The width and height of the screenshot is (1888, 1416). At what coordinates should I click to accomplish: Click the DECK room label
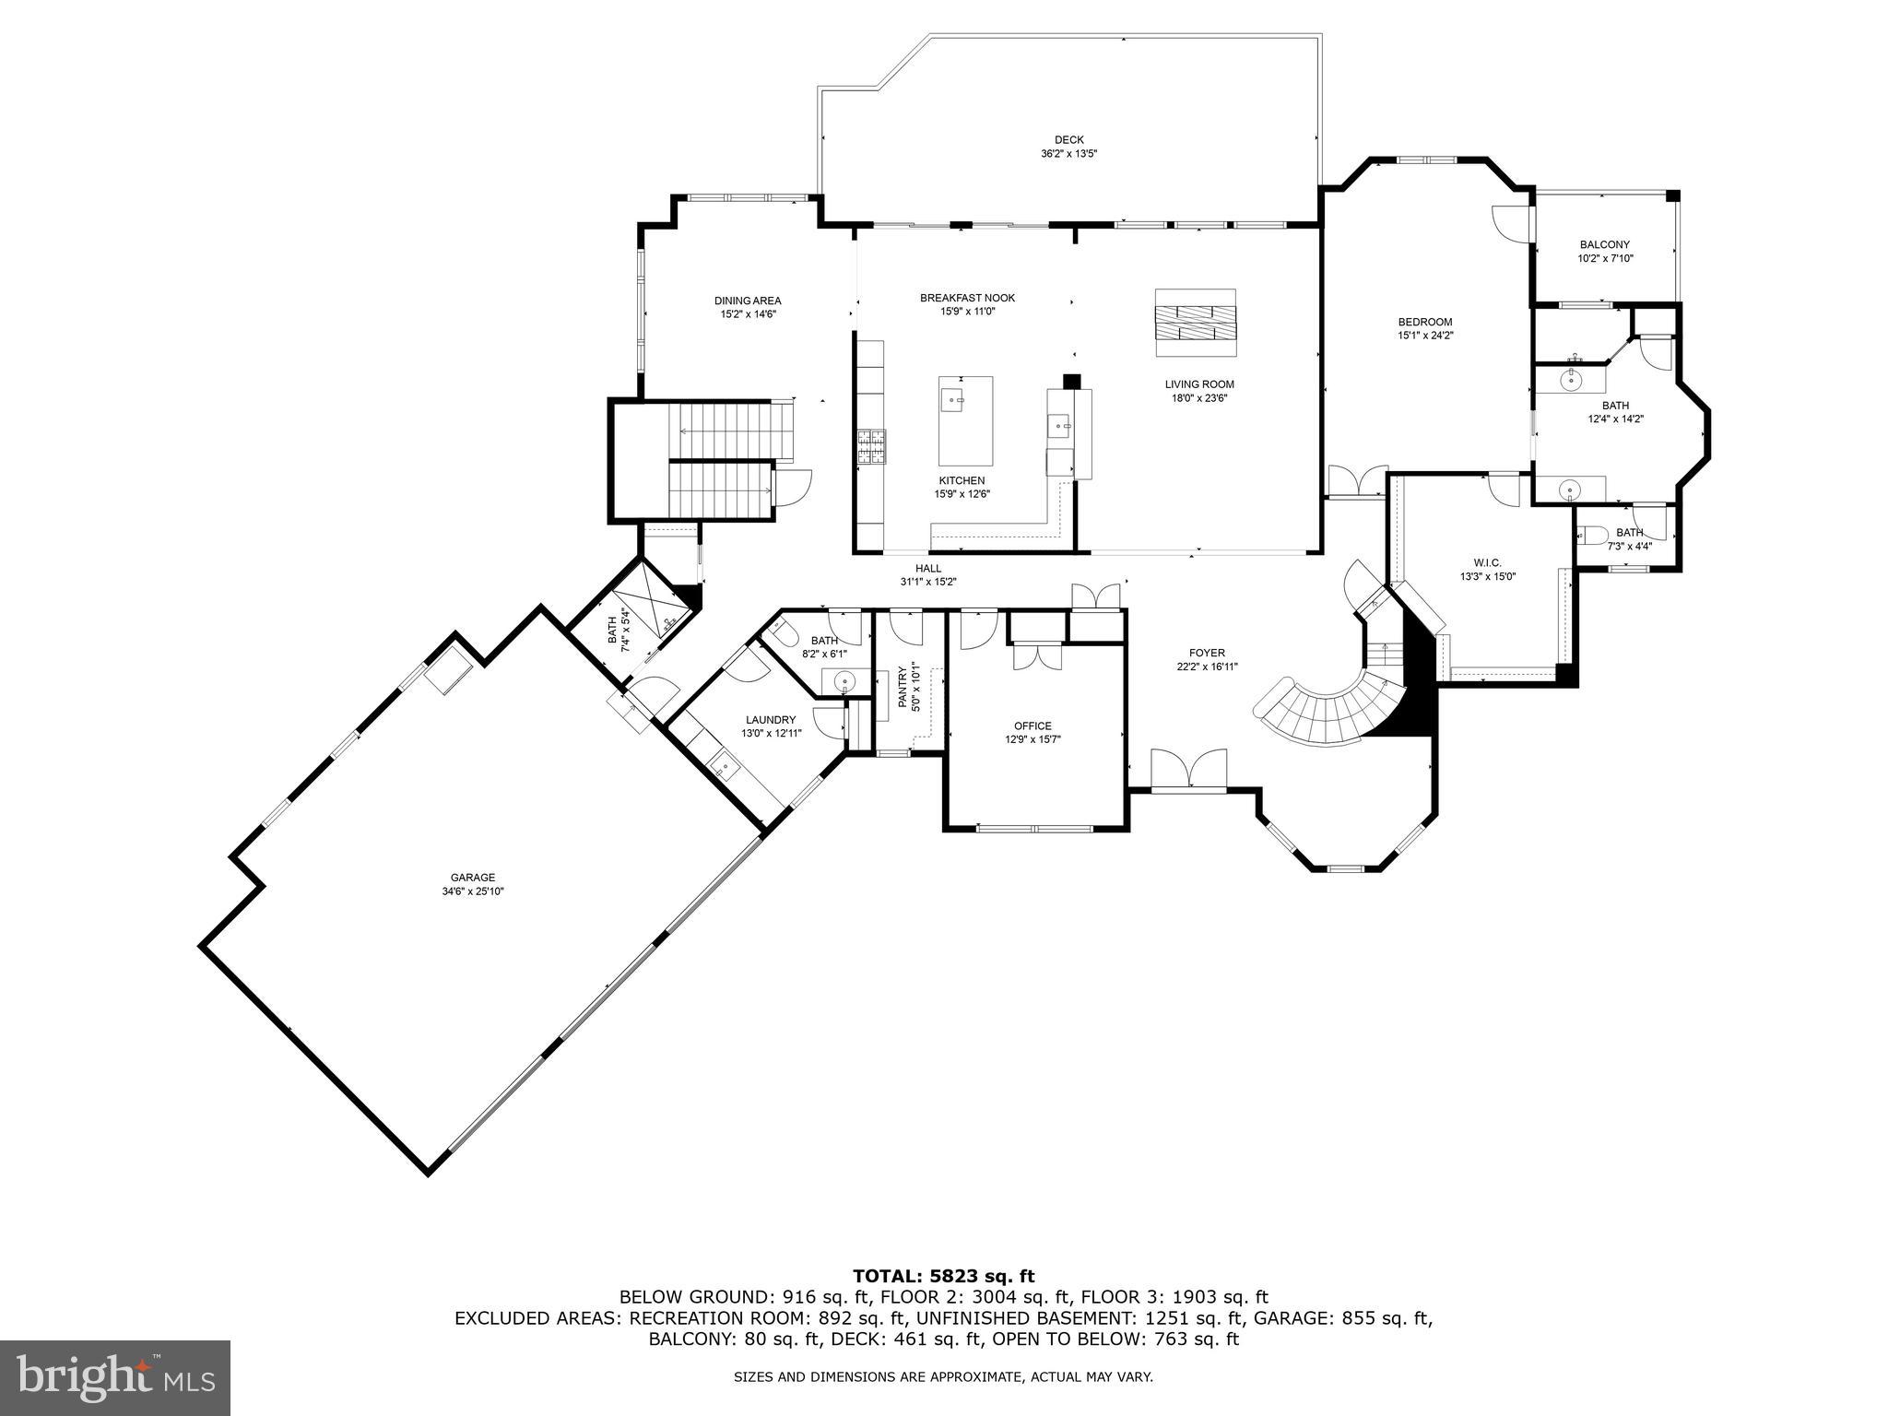tap(1068, 140)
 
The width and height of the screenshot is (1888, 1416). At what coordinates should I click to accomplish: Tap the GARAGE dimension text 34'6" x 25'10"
tap(472, 891)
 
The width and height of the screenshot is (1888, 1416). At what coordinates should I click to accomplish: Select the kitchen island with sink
tap(965, 420)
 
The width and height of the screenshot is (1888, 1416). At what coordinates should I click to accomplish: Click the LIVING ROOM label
tap(1198, 384)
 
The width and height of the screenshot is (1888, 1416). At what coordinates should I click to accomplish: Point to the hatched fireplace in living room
tap(1195, 323)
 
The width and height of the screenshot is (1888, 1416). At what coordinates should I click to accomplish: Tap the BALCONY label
tap(1604, 244)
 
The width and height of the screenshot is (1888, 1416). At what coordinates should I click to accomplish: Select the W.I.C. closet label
tap(1487, 562)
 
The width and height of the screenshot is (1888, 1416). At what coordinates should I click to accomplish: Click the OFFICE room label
tap(1032, 726)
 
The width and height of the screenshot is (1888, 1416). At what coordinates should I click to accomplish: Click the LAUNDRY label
tap(770, 720)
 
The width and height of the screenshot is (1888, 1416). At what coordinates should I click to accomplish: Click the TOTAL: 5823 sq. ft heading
tap(943, 1276)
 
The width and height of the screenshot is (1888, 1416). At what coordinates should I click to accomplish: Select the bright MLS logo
tap(115, 1378)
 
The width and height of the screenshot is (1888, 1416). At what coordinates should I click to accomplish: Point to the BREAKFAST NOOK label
tap(967, 298)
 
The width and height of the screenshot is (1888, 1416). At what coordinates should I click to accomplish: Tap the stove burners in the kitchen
tap(871, 448)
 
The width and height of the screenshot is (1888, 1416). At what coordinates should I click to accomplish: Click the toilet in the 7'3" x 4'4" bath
tap(1593, 535)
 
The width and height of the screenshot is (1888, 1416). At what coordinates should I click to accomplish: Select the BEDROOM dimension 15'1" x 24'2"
tap(1424, 336)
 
